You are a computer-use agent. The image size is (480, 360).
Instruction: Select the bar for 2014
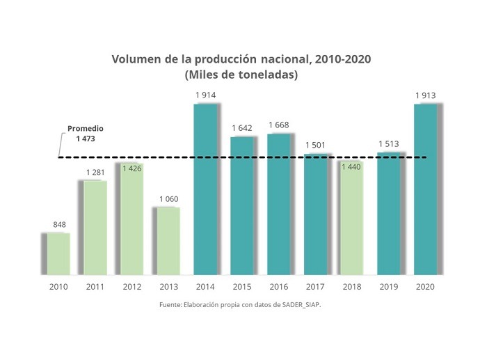point(205,189)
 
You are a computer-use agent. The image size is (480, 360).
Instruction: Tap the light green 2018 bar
point(353,218)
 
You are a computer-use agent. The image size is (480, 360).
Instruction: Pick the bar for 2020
point(426,189)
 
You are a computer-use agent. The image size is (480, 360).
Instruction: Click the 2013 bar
point(168,241)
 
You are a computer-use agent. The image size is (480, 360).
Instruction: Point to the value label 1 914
point(205,95)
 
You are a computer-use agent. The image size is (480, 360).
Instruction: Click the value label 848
point(61,224)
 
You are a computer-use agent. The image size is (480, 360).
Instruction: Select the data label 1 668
point(279,125)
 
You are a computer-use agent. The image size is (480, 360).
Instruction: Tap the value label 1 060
point(168,199)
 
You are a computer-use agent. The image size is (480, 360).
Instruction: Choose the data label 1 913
point(426,95)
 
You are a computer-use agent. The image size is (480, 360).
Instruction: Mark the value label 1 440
point(352,168)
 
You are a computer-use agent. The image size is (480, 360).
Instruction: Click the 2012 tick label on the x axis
point(131,287)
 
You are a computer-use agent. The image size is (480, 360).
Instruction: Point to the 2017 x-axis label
point(316,287)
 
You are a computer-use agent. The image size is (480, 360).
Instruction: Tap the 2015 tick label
point(242,287)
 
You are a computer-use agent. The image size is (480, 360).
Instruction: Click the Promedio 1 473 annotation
point(84,134)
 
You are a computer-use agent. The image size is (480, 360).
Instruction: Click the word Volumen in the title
point(136,59)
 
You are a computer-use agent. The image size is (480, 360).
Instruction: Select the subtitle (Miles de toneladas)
point(241,75)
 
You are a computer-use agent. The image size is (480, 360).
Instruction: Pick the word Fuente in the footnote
point(170,305)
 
